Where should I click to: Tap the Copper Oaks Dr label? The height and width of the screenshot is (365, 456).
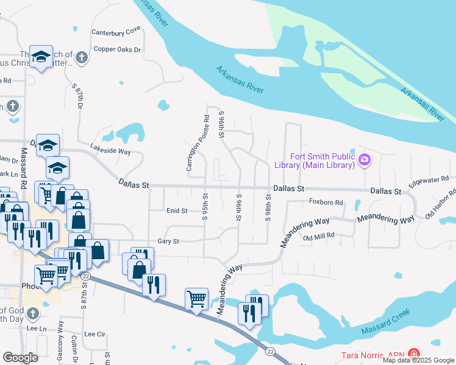(116, 49)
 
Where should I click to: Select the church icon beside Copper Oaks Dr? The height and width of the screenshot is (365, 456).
(82, 58)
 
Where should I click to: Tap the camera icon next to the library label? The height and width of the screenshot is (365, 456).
(365, 161)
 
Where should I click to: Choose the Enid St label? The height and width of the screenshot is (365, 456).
(177, 210)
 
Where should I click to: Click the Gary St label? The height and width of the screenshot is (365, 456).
(168, 242)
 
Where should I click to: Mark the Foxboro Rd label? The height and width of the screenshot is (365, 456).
(326, 202)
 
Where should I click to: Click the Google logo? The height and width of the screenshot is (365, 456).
(20, 357)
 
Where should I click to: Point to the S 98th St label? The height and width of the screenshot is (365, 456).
(268, 208)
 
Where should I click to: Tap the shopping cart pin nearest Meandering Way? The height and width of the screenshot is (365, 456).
(196, 298)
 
